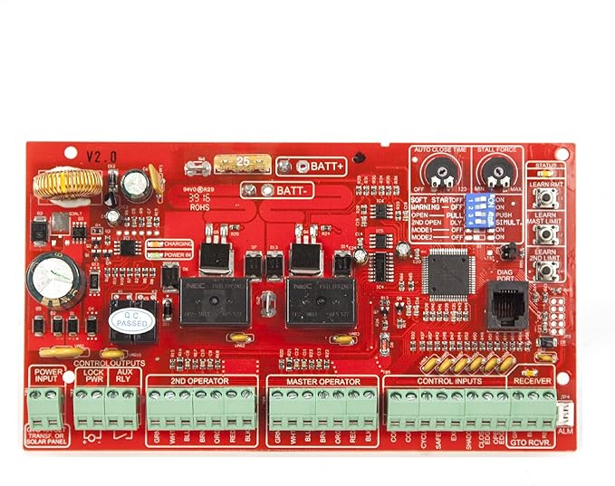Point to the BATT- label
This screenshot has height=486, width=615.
[283, 190]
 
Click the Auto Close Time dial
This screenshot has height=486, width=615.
[438, 170]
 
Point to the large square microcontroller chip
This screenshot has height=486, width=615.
[448, 269]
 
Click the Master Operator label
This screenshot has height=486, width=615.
[322, 382]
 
